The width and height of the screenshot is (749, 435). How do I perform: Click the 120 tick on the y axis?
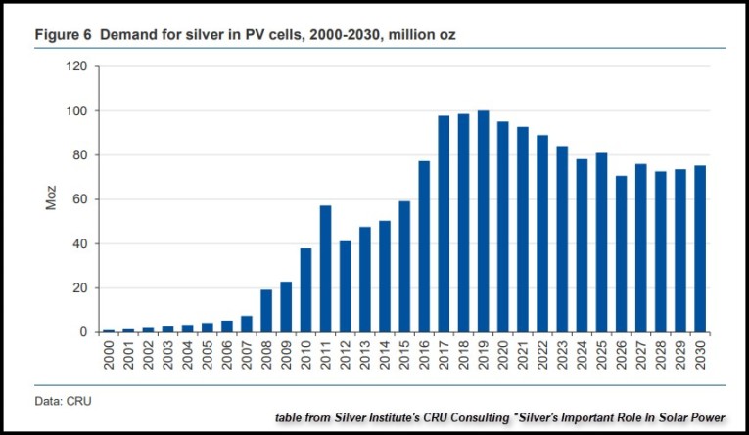pyautogui.click(x=77, y=66)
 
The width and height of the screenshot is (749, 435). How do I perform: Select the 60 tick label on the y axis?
pyautogui.click(x=81, y=199)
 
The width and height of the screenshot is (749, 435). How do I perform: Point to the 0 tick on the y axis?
pyautogui.click(x=85, y=332)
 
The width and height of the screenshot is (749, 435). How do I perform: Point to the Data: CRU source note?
pyautogui.click(x=61, y=400)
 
